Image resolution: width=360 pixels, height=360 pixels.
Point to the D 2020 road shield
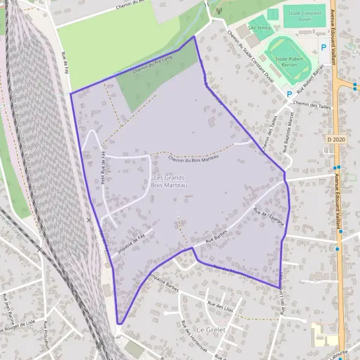[x=338, y=139]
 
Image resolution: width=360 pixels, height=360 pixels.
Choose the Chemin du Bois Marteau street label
[x=194, y=158]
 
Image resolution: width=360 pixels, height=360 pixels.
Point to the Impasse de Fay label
[x=132, y=245]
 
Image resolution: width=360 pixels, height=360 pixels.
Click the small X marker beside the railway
[x=89, y=220]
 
